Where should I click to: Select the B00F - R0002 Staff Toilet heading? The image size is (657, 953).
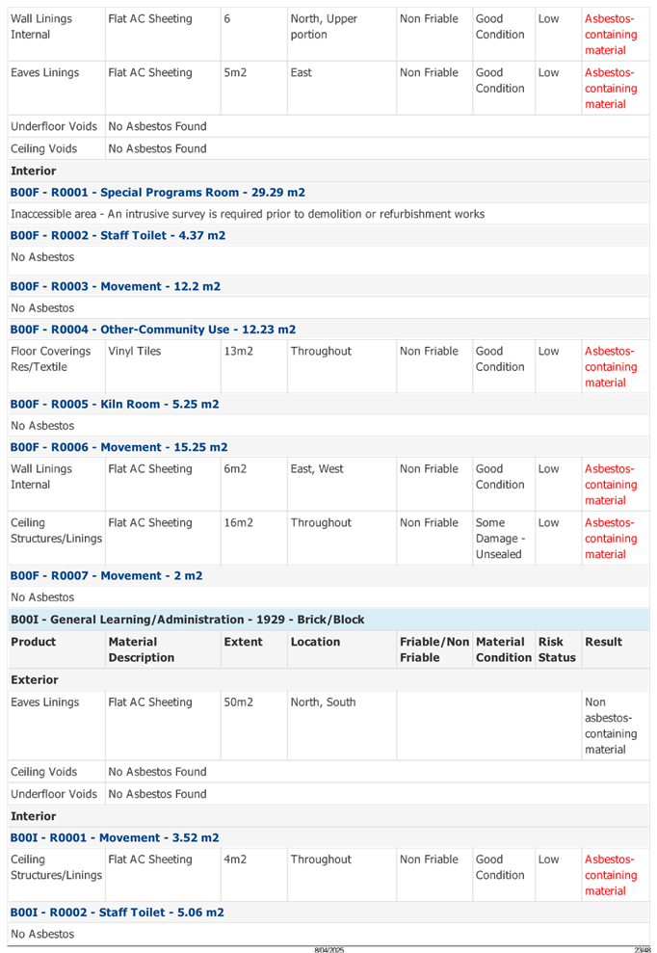pyautogui.click(x=118, y=235)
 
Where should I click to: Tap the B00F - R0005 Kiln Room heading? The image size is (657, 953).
pyautogui.click(x=114, y=405)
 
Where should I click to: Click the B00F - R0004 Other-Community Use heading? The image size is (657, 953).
pyautogui.click(x=152, y=330)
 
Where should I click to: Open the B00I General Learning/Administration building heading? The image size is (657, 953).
pyautogui.click(x=187, y=620)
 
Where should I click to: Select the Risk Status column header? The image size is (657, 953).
pyautogui.click(x=557, y=649)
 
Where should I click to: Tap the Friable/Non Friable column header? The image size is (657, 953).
pyautogui.click(x=434, y=649)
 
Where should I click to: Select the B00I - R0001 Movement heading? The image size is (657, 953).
pyautogui.click(x=114, y=837)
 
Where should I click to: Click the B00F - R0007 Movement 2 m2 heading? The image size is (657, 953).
pyautogui.click(x=106, y=575)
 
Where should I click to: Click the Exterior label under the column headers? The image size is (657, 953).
pyautogui.click(x=35, y=680)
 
